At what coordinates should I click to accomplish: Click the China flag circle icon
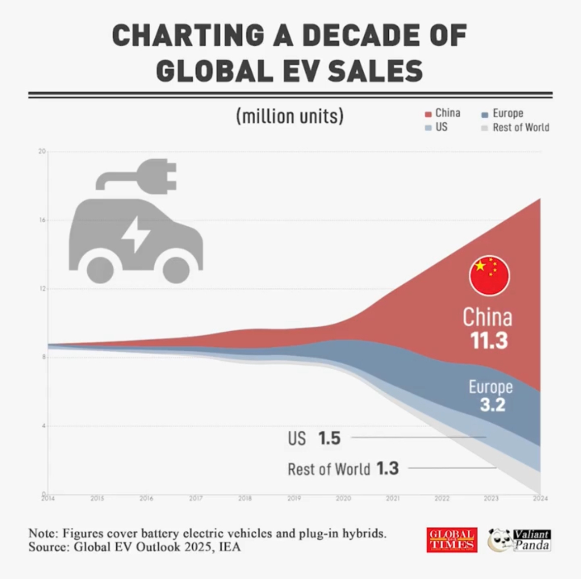tap(489, 275)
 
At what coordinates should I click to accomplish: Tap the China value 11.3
tap(488, 341)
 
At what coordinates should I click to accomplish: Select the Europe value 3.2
tap(492, 405)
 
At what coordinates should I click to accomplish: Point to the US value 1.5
tap(329, 438)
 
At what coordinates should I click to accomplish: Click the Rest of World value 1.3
tap(387, 468)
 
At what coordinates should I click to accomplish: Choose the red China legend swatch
tap(428, 114)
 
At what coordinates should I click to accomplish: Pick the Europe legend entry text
tap(508, 113)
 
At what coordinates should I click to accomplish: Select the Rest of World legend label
tap(520, 127)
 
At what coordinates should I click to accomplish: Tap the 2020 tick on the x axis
tap(343, 499)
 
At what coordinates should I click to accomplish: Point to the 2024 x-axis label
tap(540, 499)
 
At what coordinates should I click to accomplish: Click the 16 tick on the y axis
tap(43, 220)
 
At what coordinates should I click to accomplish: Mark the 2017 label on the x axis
tap(196, 499)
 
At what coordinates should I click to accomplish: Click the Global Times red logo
tap(451, 540)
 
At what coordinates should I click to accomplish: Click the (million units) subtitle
tap(290, 116)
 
